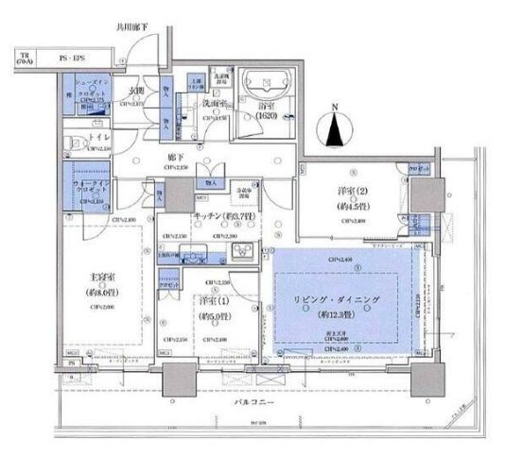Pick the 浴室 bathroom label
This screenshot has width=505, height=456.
pyautogui.click(x=270, y=109)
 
